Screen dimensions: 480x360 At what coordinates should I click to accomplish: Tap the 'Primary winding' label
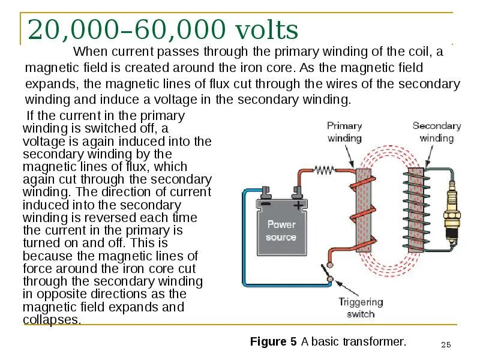coord(344,132)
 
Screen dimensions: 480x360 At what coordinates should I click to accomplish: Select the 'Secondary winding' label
coord(436,132)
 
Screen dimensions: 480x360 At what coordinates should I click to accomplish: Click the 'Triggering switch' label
coord(361,308)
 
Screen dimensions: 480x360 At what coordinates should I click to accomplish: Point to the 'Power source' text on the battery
coord(281,230)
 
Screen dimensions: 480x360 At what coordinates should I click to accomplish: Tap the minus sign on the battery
coord(265,205)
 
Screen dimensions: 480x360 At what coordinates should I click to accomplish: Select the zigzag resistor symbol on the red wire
coord(323,170)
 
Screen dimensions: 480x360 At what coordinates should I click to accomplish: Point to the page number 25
coord(446,344)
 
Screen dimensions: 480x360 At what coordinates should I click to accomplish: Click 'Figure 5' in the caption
coord(273,342)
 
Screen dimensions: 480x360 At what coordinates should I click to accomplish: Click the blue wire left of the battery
coord(244,240)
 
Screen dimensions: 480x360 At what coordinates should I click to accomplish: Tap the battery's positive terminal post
coord(297,193)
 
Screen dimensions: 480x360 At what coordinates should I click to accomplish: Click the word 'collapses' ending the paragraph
coord(50,320)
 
